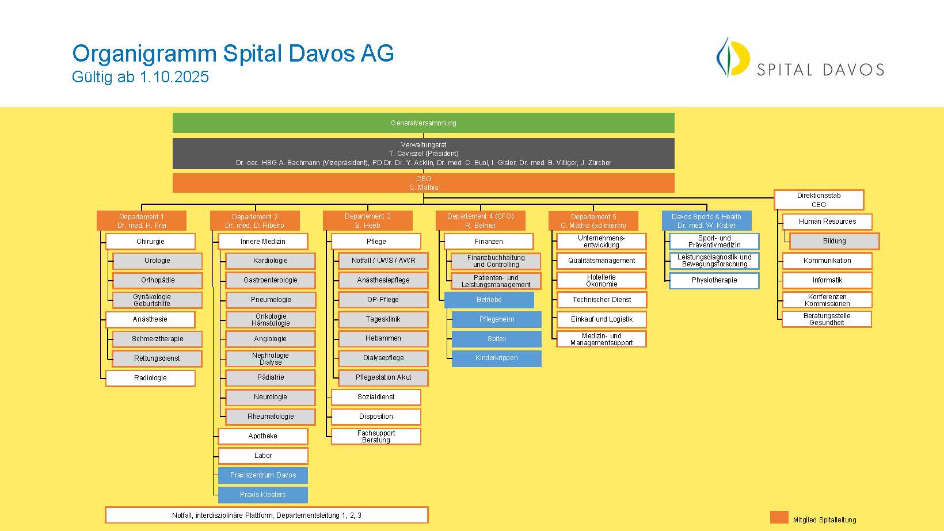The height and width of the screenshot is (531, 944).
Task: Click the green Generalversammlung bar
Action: [x=423, y=123]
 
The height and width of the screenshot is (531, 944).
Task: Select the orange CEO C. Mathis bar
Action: [x=423, y=183]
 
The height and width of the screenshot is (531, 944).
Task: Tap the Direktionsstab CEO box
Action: [x=819, y=200]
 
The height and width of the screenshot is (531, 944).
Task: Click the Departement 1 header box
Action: [x=142, y=221]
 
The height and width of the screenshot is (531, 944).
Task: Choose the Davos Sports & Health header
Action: [x=706, y=221]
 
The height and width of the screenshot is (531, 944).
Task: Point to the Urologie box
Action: [x=157, y=261]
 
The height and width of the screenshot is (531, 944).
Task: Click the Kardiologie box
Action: [x=271, y=261]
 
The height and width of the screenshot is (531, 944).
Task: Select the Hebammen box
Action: [x=383, y=338]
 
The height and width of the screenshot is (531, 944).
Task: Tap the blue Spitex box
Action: [x=496, y=339]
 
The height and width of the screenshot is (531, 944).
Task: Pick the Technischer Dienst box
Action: [x=602, y=300]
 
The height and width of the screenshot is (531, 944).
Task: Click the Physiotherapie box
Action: [x=714, y=280]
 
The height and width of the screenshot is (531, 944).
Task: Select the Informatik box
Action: [x=827, y=280]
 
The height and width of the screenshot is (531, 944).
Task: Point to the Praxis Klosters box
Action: [x=263, y=495]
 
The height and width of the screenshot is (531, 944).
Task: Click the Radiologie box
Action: [x=150, y=378]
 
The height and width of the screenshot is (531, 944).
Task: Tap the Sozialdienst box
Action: [x=376, y=397]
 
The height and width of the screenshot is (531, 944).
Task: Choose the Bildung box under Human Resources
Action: [x=835, y=241]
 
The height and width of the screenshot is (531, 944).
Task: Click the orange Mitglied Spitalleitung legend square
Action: [x=779, y=518]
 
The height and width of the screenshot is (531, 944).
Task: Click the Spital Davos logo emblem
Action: [x=733, y=58]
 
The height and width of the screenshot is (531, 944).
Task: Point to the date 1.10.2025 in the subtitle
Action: [x=174, y=77]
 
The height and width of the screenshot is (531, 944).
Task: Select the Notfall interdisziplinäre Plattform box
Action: [x=267, y=515]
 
